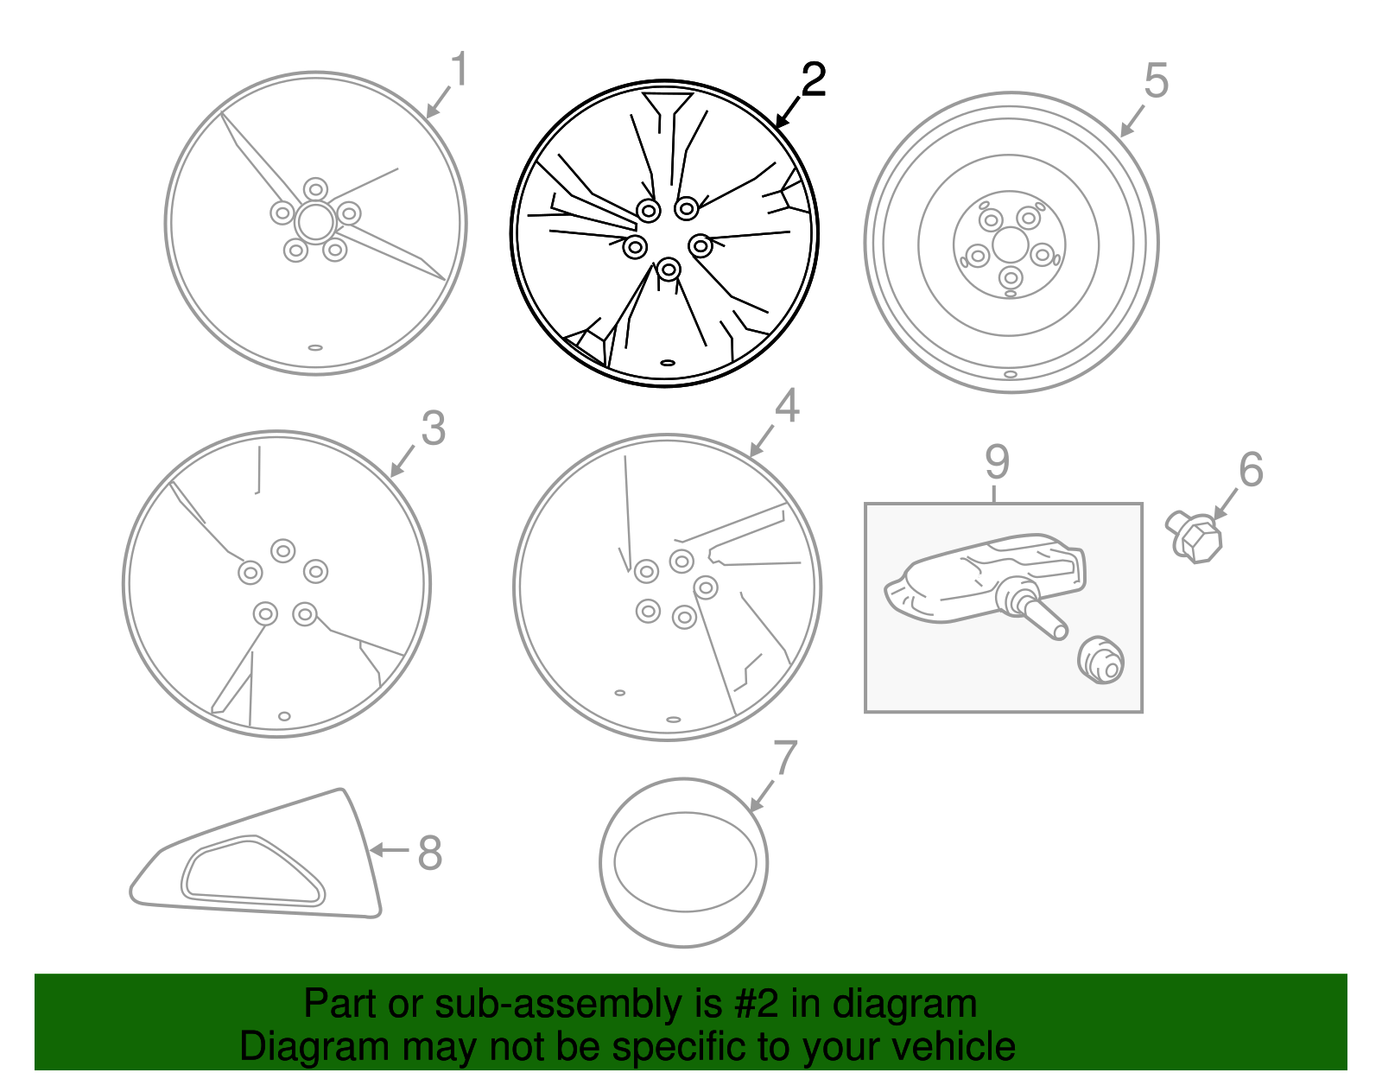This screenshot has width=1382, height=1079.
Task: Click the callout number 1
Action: [x=460, y=70]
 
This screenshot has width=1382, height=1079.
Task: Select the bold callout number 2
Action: [x=813, y=80]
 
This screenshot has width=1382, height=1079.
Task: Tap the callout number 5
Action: [x=1156, y=81]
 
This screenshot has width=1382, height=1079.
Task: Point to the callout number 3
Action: [x=433, y=428]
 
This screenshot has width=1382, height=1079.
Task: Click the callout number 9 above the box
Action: [x=997, y=462]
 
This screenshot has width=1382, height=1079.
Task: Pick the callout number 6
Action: [x=1251, y=470]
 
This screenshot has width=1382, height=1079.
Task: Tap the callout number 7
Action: [x=785, y=758]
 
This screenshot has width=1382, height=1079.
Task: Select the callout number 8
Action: [x=429, y=853]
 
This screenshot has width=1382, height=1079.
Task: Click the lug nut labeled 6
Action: [x=1194, y=538]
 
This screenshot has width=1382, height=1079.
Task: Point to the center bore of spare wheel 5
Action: [x=1010, y=245]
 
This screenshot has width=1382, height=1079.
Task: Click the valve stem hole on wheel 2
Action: [x=667, y=363]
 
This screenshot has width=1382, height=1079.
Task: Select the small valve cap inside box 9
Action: [x=1101, y=661]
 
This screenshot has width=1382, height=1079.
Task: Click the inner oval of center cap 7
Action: [x=685, y=861]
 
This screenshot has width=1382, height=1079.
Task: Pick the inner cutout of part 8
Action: [x=252, y=871]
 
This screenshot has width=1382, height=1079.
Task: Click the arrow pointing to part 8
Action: [x=390, y=849]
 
